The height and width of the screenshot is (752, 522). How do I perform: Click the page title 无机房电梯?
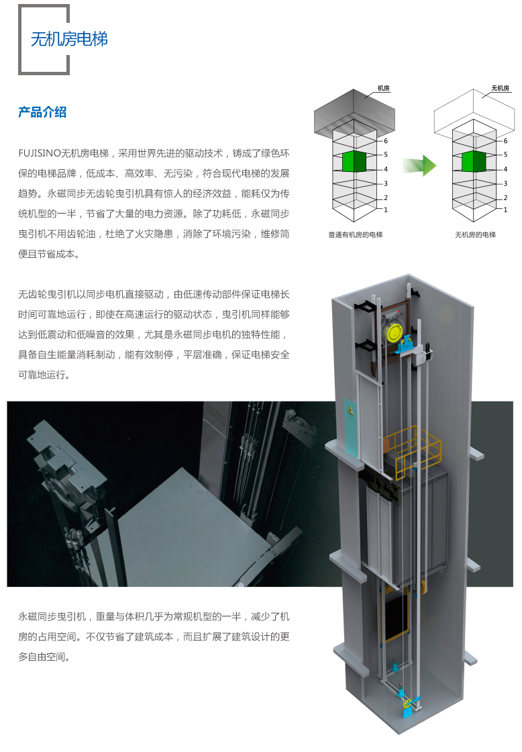[x=68, y=39]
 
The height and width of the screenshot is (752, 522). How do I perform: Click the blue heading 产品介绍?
[x=42, y=112]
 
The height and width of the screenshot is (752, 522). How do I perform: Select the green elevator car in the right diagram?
[x=474, y=162]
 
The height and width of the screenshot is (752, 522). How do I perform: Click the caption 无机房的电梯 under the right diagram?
[x=475, y=235]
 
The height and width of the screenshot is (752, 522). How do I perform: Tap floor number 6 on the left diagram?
[x=385, y=141]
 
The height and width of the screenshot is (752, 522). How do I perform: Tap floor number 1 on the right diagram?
[x=505, y=209]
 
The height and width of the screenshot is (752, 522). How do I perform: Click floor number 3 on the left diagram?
[x=385, y=183]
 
